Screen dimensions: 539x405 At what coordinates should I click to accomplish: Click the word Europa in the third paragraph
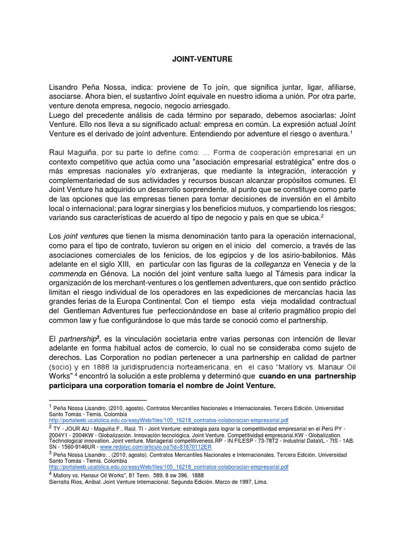[x=134, y=302]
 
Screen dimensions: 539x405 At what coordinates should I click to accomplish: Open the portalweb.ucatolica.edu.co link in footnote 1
[x=168, y=421]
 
